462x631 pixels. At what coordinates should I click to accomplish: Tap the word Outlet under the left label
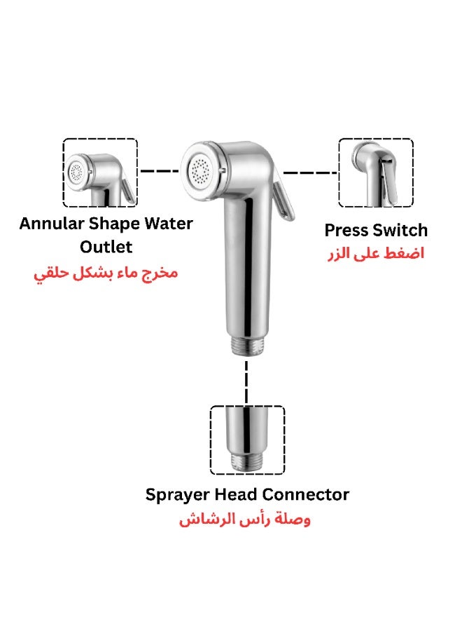tap(106, 247)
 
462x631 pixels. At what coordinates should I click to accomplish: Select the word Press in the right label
tap(346, 231)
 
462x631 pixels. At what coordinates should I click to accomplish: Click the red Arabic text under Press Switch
tap(376, 254)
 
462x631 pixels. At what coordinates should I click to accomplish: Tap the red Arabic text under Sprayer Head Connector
tap(245, 519)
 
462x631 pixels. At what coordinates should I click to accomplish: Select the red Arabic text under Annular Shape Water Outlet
tap(106, 274)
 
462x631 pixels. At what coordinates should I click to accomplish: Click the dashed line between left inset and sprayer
tap(160, 172)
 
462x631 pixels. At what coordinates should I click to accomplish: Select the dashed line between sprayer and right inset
tap(310, 172)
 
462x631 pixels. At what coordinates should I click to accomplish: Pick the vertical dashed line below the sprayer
tap(246, 383)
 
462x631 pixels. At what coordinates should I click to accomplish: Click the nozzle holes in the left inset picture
tap(76, 172)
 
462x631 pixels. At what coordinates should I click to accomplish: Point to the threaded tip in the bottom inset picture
tap(247, 463)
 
